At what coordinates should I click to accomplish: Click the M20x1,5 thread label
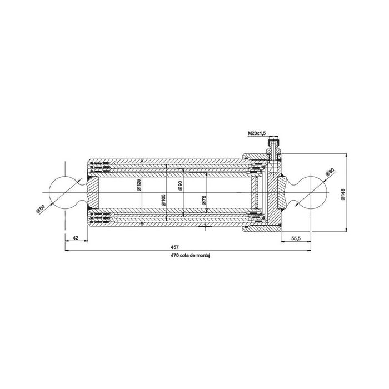(x=257, y=133)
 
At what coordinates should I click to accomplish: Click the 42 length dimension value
(x=77, y=238)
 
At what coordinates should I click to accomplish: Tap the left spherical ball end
(x=66, y=192)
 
